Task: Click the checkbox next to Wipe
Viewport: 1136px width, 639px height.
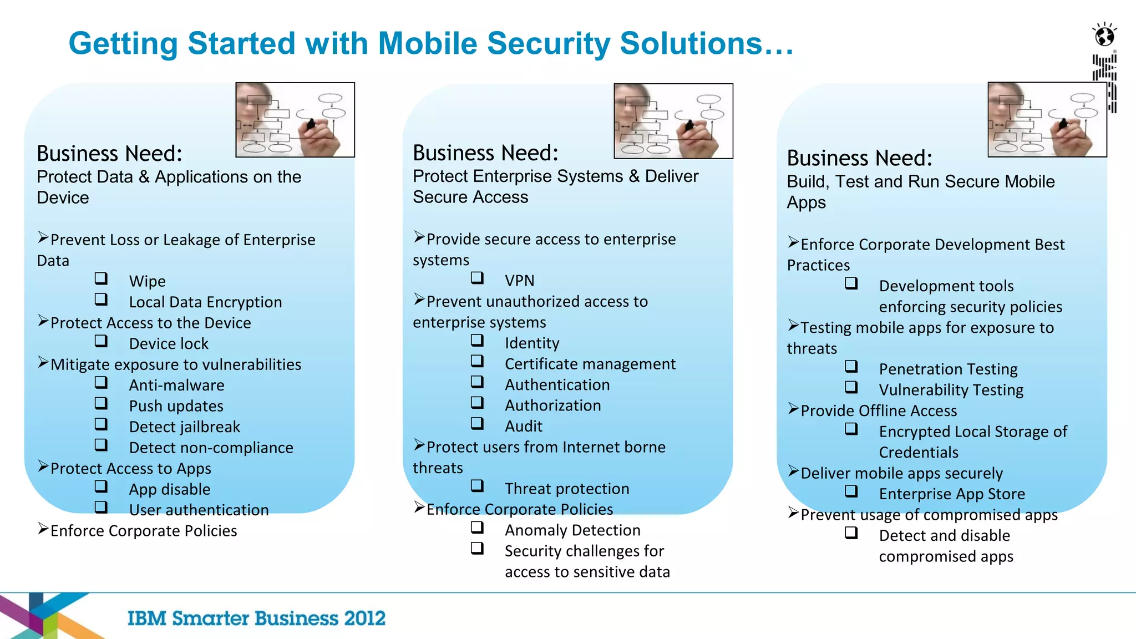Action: [x=101, y=278]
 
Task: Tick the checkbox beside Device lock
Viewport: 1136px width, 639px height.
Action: [x=101, y=341]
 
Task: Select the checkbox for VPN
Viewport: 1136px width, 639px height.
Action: [x=477, y=277]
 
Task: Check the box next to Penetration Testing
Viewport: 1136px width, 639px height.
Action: [x=851, y=366]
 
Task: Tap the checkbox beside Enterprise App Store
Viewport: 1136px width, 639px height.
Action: [x=851, y=491]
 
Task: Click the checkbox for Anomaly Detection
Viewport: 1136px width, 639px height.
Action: [x=477, y=527]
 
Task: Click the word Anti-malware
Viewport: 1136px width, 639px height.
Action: [x=176, y=385]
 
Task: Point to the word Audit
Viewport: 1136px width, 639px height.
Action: [x=523, y=426]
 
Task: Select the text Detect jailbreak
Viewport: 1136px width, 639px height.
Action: [x=184, y=427]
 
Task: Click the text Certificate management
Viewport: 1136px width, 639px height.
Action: [x=590, y=364]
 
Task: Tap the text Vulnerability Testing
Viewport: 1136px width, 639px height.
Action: [x=951, y=390]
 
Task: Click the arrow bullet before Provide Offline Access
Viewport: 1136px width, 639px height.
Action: [x=793, y=409]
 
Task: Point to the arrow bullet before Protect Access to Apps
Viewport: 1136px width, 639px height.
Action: [x=43, y=466]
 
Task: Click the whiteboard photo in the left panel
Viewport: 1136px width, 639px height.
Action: [x=295, y=120]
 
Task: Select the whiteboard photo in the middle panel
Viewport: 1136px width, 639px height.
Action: [x=673, y=121]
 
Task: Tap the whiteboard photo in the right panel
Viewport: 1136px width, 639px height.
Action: [x=1047, y=120]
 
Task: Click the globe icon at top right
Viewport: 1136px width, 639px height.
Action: [x=1104, y=36]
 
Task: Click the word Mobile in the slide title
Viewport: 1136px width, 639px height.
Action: [x=427, y=43]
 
